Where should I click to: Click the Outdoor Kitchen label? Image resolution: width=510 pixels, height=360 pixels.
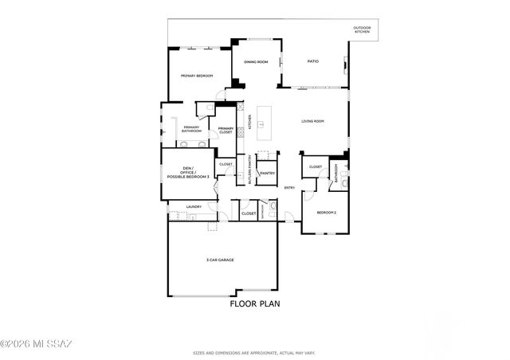pos(362,31)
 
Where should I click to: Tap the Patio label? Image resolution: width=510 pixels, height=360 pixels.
pos(313,61)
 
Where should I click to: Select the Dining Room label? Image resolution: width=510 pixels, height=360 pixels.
pos(255,61)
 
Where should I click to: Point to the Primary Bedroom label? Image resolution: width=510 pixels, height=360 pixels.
pos(196,76)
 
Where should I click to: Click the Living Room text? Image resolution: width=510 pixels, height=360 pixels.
pos(312,121)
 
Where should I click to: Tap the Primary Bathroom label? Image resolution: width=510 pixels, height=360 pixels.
pos(191,129)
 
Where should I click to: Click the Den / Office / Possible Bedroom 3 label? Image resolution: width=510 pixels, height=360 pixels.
pos(189,172)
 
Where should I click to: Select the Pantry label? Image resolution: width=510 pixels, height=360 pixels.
pos(267,173)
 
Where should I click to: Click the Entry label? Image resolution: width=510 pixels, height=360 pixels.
pos(290,187)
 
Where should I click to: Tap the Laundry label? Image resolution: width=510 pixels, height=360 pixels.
pos(194,207)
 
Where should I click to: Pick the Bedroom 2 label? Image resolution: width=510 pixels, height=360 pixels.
pos(326,213)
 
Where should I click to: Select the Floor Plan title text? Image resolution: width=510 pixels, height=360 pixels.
pos(255,303)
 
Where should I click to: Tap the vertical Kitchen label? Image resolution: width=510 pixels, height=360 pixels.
pos(249,123)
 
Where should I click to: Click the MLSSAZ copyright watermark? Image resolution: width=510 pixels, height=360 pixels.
pos(37,344)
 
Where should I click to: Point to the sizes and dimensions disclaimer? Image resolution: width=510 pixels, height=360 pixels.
pos(255,351)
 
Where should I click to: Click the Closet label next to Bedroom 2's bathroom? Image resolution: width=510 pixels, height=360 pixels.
pos(316,167)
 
